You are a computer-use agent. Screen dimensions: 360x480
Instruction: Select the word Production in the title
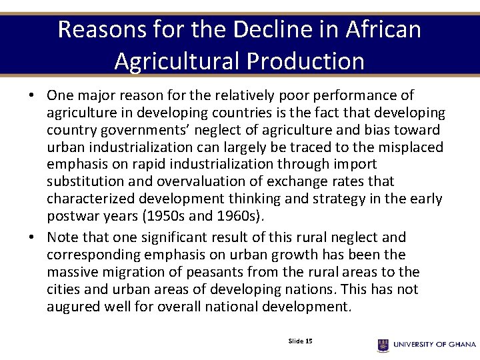306,61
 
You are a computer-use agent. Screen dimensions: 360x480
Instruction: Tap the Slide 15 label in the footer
300,341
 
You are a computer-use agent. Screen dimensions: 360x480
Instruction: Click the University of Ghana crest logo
383,345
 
